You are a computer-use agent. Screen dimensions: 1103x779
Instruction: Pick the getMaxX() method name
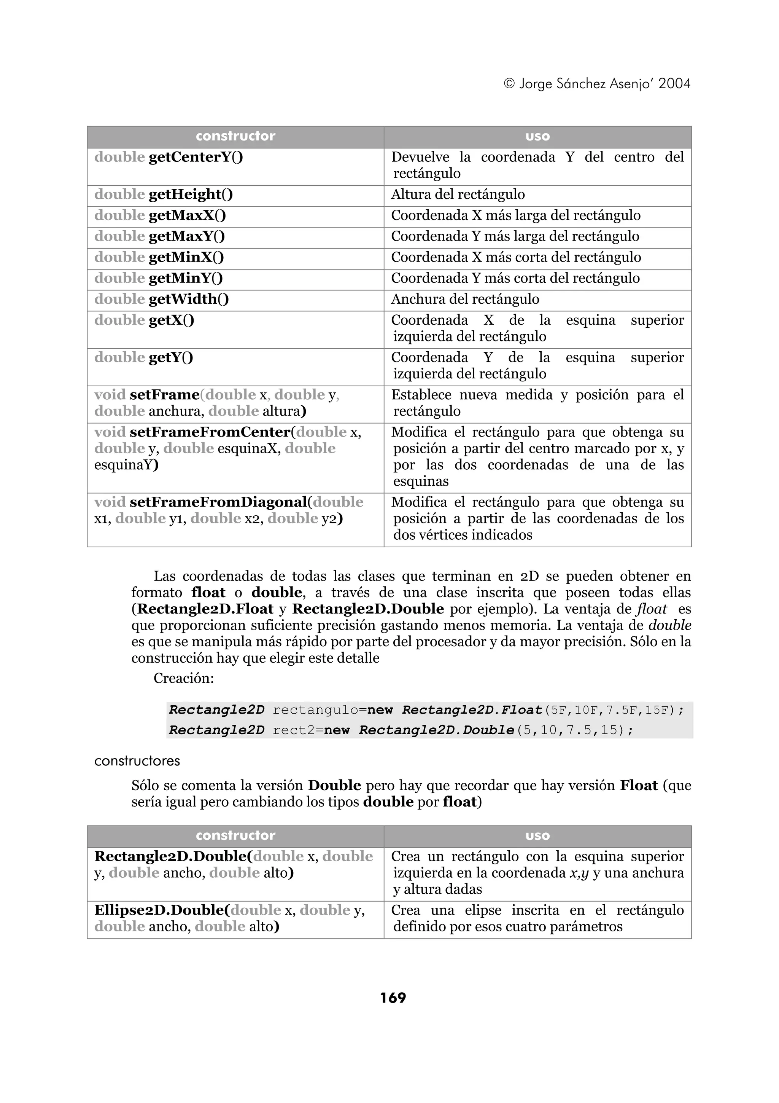coord(187,215)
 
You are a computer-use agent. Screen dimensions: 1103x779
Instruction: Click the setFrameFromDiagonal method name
coord(218,502)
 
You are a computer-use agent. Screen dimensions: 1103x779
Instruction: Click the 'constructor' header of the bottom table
coord(235,835)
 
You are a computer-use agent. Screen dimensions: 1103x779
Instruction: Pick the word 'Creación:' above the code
coord(183,678)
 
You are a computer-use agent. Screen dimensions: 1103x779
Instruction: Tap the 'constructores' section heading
coord(137,761)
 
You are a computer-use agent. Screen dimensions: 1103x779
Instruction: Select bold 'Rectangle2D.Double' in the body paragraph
coord(368,609)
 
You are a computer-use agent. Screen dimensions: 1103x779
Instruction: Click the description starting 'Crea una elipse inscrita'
coord(537,918)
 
